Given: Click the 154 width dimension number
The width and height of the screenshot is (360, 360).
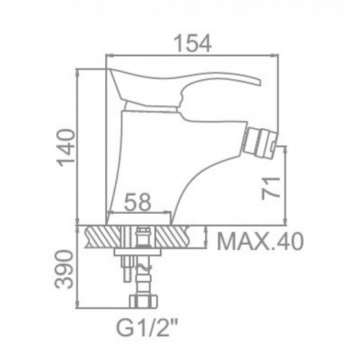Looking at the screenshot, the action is tap(192, 43).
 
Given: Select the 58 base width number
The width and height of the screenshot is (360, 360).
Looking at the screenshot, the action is tap(138, 202).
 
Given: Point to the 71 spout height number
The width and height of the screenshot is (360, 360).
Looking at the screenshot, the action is tap(271, 189).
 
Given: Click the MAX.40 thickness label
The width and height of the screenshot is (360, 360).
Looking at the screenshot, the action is tap(260, 241).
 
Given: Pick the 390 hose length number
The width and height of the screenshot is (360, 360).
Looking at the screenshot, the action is tap(63, 269).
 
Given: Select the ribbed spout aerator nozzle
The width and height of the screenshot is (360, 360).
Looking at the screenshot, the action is tap(259, 142).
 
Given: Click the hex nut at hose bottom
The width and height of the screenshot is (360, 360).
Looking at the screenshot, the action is tap(143, 301).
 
